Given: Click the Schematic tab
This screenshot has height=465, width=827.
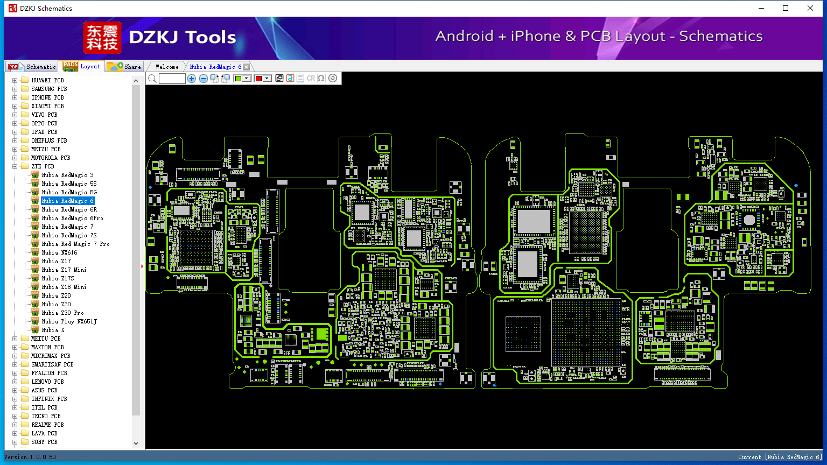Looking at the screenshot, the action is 32,67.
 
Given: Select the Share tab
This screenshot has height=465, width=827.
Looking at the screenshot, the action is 124,67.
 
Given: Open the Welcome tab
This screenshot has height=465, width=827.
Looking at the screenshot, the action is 167,67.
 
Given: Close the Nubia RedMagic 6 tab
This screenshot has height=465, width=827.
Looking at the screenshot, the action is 246,67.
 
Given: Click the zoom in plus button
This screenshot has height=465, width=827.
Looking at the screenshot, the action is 192,79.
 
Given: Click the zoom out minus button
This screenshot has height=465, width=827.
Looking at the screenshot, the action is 203,79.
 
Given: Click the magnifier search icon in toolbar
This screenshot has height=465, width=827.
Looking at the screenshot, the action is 152,79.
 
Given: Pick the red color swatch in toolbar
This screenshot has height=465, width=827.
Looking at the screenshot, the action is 258,79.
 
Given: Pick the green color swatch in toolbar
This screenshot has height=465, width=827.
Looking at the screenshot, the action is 238,79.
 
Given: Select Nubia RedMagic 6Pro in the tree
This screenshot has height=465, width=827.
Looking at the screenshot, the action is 72,218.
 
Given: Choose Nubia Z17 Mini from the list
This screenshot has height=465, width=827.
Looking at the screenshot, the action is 64,270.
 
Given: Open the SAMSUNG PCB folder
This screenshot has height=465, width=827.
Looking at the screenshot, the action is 49,89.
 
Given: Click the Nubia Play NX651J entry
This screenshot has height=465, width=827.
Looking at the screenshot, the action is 69,321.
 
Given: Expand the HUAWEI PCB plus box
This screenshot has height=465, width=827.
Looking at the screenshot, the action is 15,80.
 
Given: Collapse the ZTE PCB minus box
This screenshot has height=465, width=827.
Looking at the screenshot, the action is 15,166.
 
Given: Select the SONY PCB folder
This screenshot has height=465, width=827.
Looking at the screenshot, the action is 44,442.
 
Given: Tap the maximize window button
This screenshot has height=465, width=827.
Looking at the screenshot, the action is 786,8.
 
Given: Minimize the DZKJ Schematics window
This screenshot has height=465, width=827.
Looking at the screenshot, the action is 761,8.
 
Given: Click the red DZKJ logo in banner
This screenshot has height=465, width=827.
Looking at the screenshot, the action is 102,37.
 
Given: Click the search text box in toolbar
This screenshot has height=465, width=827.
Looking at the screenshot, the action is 172,79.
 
